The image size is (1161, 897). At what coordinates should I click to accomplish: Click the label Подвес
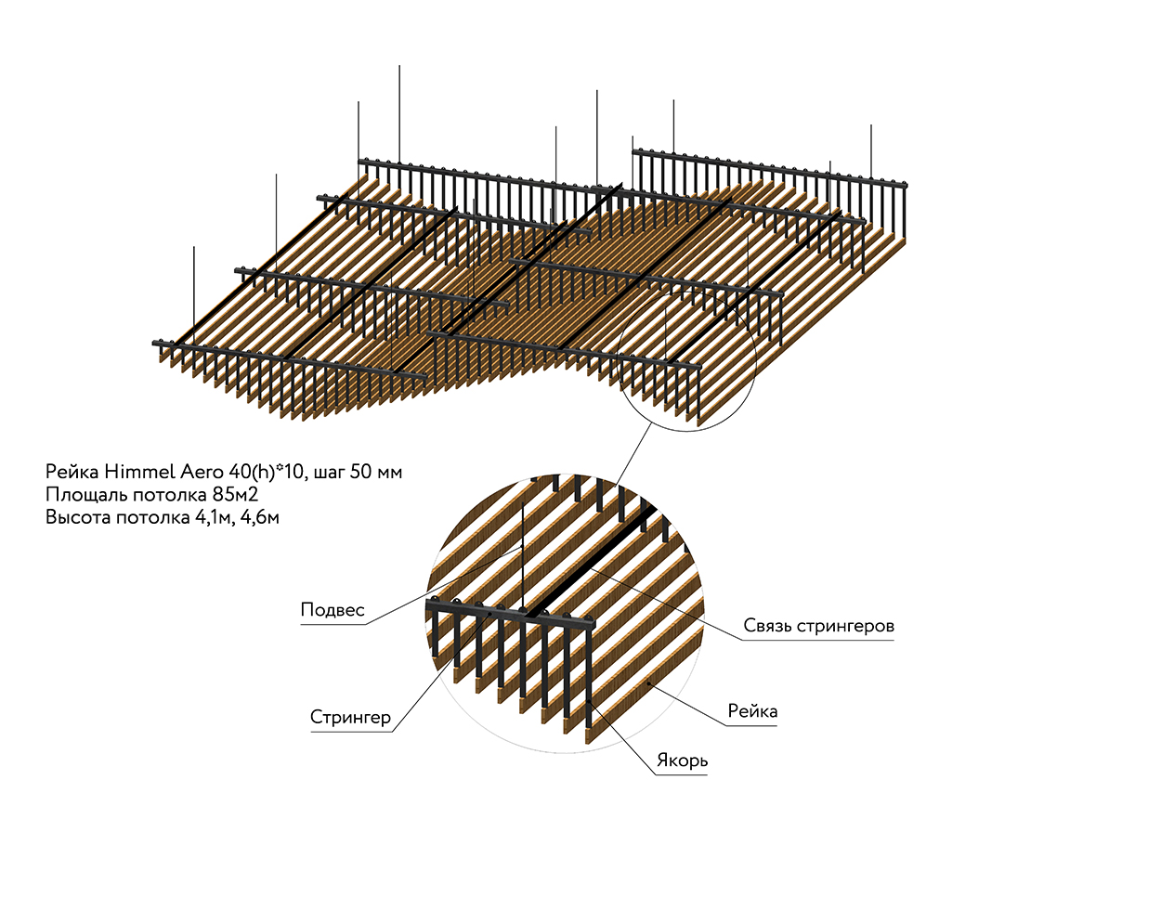coord(333,611)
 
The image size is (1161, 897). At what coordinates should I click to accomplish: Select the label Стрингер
coord(350,718)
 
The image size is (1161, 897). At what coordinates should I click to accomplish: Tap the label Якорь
coord(682,761)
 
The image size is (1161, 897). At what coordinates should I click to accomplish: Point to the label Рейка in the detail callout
coord(752,712)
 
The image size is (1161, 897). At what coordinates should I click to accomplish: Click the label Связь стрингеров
coord(818,626)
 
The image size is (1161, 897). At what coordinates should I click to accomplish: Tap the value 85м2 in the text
coord(234,494)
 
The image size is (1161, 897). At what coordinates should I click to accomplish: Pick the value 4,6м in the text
coord(259,517)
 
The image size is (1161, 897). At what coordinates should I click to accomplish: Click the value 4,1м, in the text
coord(215,517)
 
